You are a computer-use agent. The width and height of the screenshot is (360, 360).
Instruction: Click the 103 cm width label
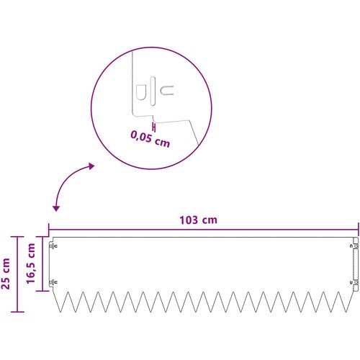click(x=198, y=220)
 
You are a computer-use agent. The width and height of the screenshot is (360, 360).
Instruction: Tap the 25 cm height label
click(x=6, y=274)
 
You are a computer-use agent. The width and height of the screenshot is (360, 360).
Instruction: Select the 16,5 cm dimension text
click(x=31, y=264)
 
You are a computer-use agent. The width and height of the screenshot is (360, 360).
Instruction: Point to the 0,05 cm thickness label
click(x=150, y=139)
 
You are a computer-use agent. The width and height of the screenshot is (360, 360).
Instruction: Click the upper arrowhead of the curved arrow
click(x=91, y=166)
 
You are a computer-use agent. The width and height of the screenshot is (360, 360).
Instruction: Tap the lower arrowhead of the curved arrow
click(x=56, y=208)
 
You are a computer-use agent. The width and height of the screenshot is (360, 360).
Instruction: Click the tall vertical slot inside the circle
click(x=153, y=91)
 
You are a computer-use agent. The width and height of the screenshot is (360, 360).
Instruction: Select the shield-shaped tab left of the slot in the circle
click(x=140, y=92)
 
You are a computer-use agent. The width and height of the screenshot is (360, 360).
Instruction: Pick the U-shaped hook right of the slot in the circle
click(x=166, y=90)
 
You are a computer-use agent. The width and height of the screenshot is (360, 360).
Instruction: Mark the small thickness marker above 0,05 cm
click(x=154, y=127)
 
